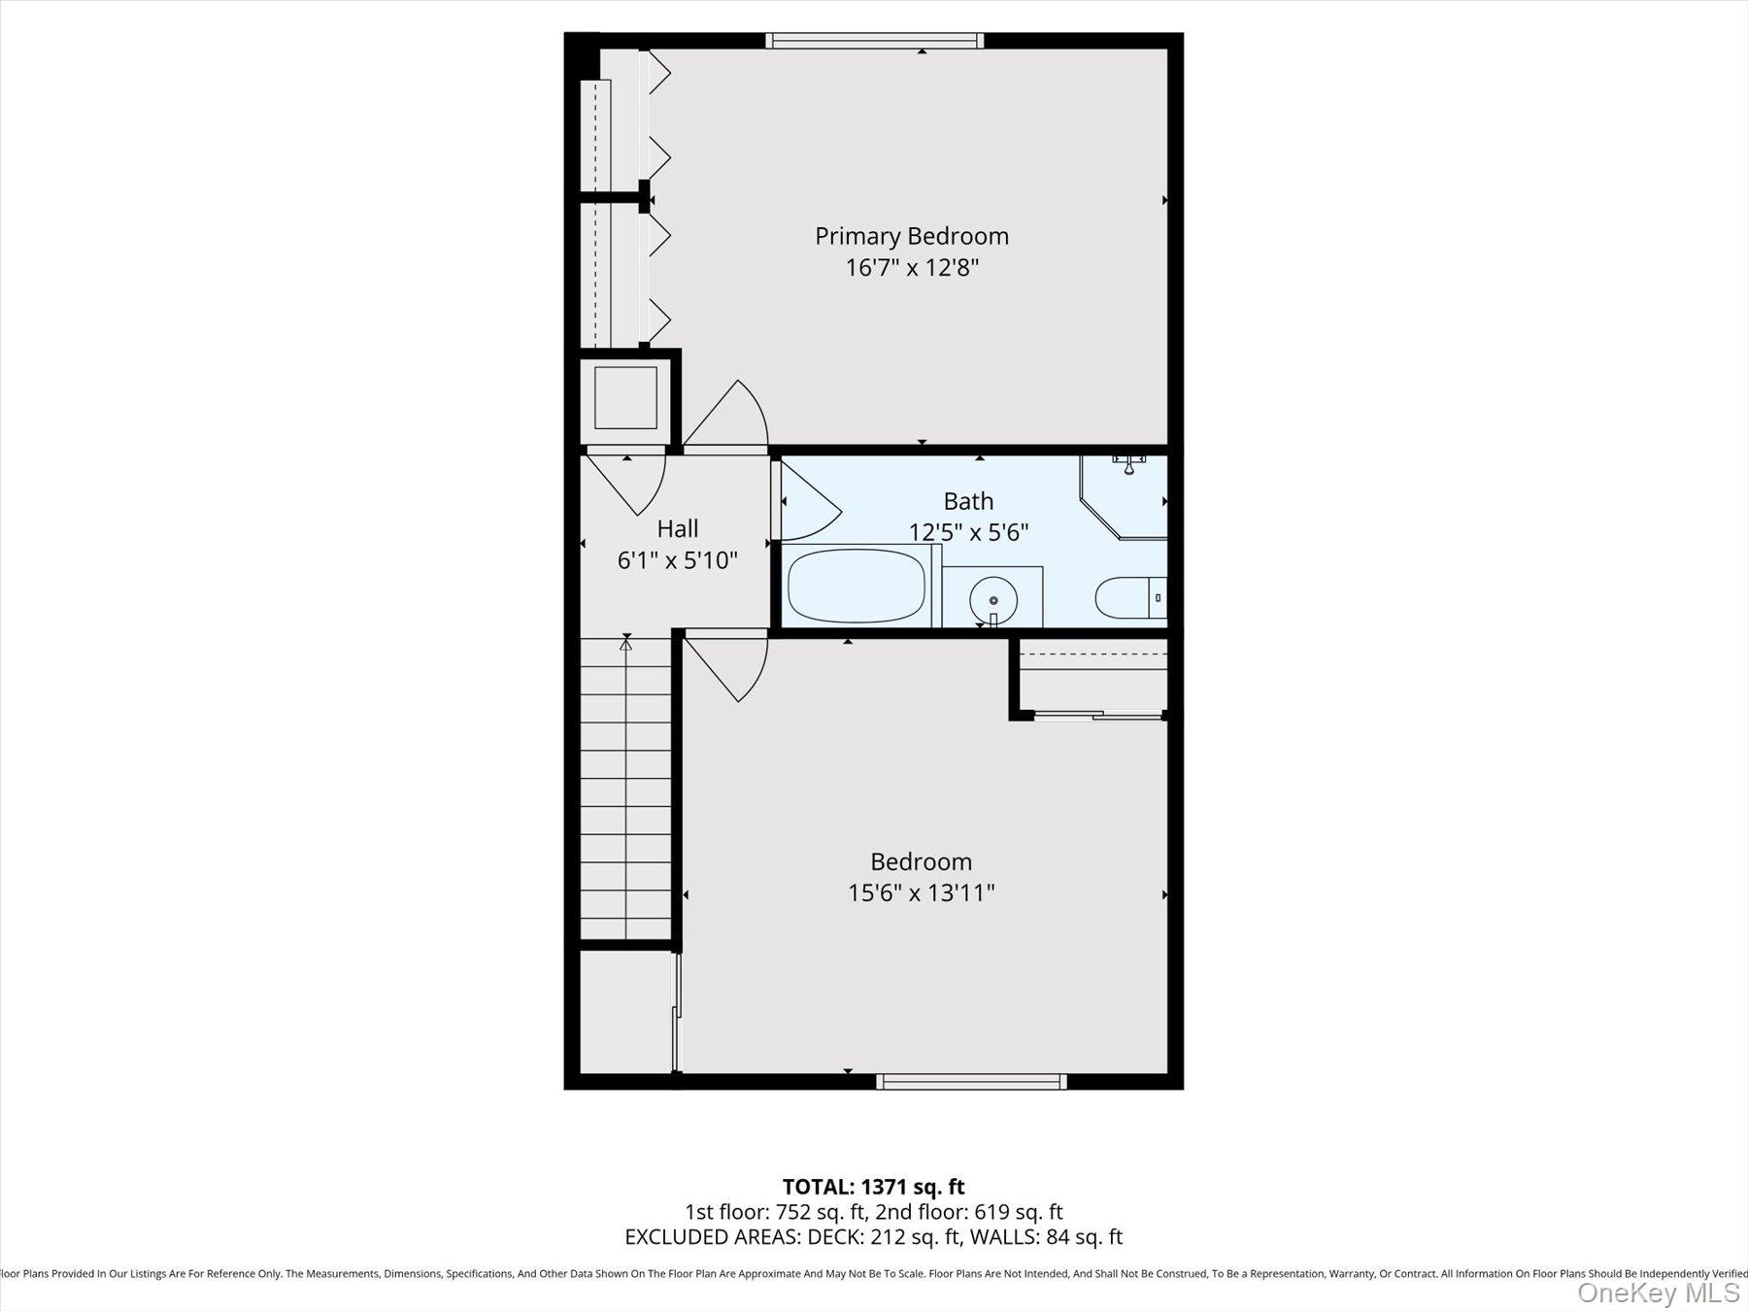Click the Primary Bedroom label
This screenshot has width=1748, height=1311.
click(x=912, y=237)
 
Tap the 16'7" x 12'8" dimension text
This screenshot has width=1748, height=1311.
click(x=912, y=267)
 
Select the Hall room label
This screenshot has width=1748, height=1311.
click(x=678, y=528)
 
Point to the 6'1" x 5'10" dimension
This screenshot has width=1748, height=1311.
click(x=678, y=560)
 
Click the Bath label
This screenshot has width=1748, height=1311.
click(x=968, y=501)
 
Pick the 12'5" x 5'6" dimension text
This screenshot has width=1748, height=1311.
click(x=968, y=532)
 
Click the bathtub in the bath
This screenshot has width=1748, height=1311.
click(x=857, y=586)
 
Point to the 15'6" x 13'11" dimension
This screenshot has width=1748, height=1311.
click(x=922, y=892)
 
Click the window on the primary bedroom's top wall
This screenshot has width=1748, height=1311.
click(x=874, y=41)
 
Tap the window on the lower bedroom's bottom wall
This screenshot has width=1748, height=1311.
click(x=971, y=1081)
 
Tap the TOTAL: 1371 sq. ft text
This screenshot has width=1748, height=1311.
click(x=874, y=1187)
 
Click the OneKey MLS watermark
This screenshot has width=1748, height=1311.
click(x=1659, y=1293)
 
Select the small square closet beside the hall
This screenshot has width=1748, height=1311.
click(x=625, y=398)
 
